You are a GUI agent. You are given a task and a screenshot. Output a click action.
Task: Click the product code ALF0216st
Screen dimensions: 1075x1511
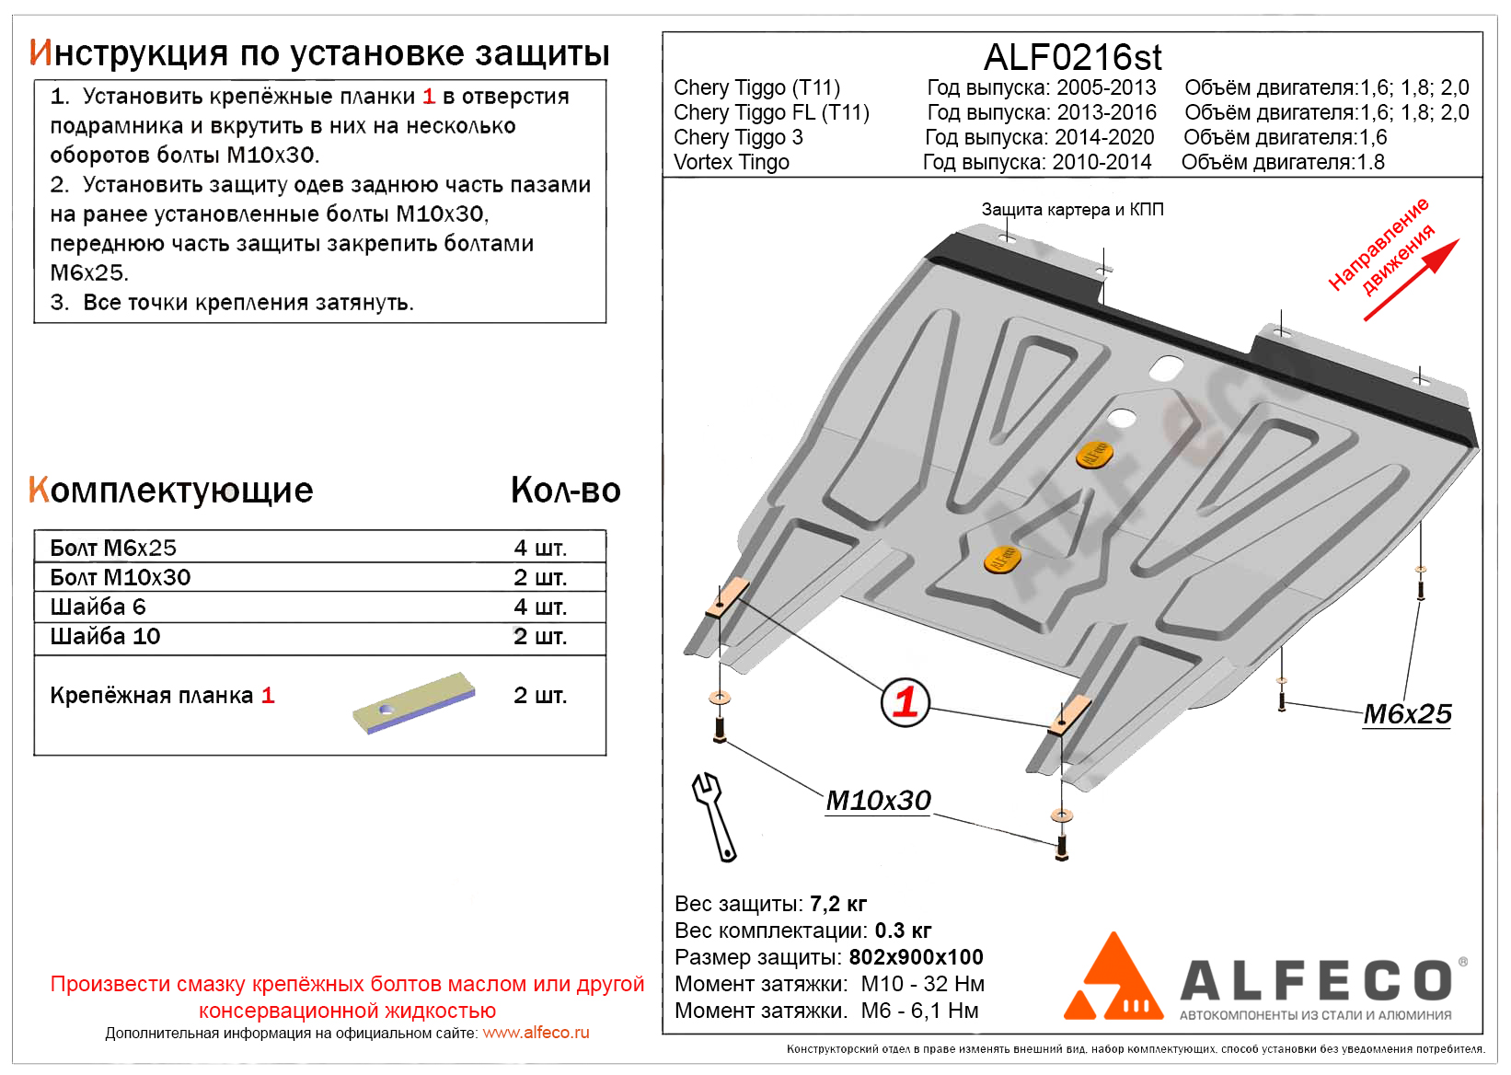coord(1072,57)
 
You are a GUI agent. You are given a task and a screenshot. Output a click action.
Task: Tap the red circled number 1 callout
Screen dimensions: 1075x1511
coord(905,702)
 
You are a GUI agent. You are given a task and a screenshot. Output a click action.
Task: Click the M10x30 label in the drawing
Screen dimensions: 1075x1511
coord(878,801)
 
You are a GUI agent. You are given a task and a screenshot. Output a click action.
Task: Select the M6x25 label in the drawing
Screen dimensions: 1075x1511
coord(1407,714)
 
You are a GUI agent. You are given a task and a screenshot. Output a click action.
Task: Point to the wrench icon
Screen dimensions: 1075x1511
coord(713,815)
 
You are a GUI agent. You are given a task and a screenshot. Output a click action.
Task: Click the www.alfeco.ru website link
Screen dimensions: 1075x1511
coord(536,1033)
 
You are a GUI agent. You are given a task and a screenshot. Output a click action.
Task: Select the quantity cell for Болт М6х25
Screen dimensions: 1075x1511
coord(540,548)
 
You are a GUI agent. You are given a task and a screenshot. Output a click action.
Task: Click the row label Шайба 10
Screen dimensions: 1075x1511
coord(105,636)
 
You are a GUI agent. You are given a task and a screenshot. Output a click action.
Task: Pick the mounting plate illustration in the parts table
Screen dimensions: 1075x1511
coord(414,703)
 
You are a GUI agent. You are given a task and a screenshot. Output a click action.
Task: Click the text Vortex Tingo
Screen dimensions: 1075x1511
coord(732,162)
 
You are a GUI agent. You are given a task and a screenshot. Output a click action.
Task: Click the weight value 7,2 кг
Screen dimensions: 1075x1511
coord(838,904)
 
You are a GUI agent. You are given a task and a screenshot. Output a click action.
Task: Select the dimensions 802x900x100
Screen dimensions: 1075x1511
coord(916,957)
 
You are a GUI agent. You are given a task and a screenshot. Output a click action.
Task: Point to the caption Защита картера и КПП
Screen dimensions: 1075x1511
coord(1072,210)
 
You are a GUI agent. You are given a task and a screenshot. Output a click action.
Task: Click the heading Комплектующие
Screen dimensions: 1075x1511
coord(171,491)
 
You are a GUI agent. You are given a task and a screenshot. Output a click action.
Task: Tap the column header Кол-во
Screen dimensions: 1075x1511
coord(565,491)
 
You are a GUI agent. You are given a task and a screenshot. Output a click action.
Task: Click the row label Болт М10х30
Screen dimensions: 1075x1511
coord(121,577)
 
